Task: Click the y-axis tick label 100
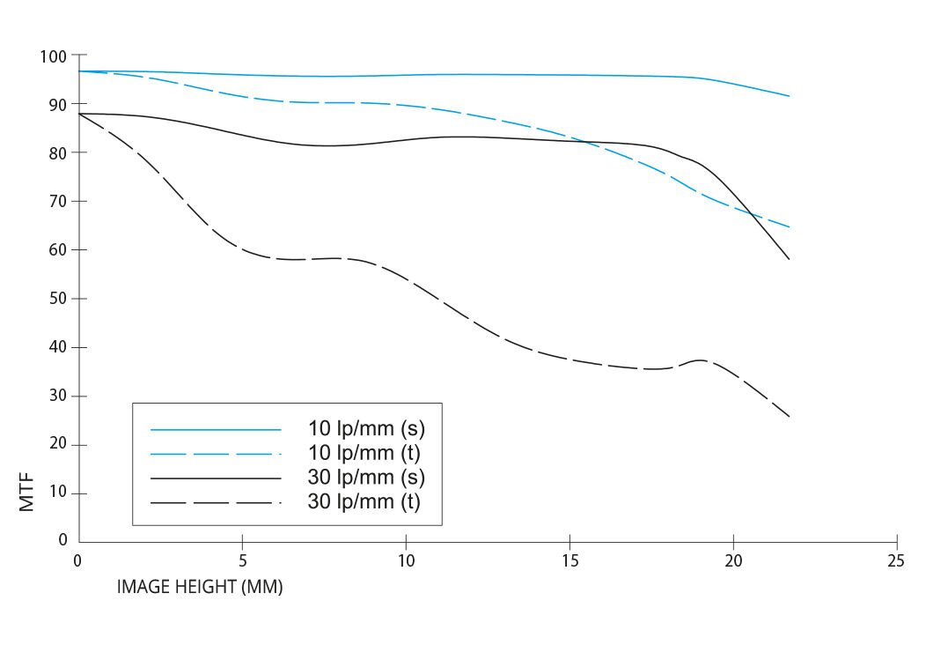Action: [x=53, y=56]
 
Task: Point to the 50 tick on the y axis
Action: [x=56, y=299]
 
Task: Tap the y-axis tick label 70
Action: [x=56, y=202]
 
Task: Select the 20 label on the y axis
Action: [x=56, y=445]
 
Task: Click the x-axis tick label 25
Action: [x=896, y=561]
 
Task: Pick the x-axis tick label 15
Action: [x=570, y=561]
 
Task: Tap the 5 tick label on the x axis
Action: [x=242, y=561]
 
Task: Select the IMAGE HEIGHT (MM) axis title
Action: [x=200, y=587]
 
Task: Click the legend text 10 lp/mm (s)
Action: [x=366, y=430]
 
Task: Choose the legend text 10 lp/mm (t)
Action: [x=366, y=455]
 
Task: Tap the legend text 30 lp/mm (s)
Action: [x=366, y=478]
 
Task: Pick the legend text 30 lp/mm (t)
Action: [x=366, y=503]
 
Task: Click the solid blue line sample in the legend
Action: [x=216, y=430]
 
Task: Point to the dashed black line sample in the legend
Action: [x=216, y=503]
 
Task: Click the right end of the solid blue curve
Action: [x=789, y=96]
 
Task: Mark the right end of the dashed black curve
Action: [x=789, y=417]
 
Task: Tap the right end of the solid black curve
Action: [x=789, y=259]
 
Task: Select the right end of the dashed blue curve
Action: [x=789, y=227]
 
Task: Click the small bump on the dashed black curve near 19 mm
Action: [x=700, y=360]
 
